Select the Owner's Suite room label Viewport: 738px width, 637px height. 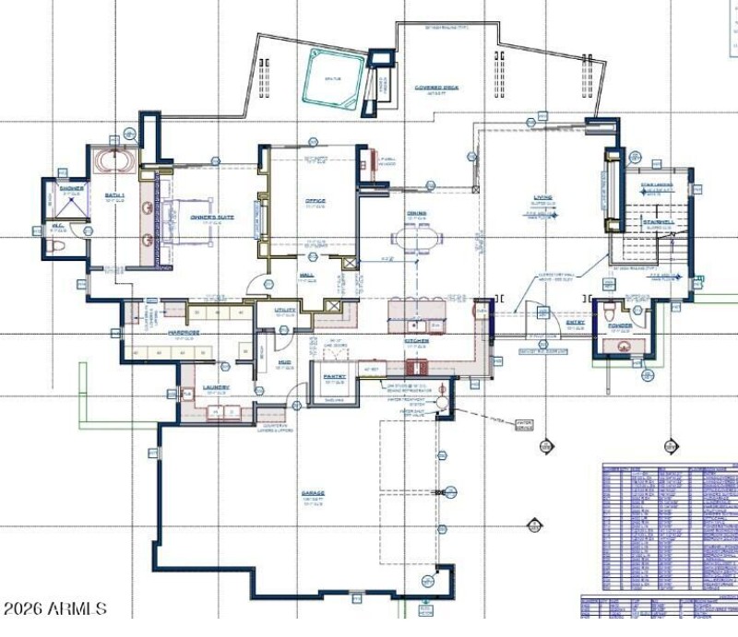[x=212, y=218]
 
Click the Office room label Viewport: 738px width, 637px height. [x=316, y=200]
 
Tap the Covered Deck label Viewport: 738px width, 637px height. [x=436, y=88]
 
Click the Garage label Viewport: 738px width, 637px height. [x=313, y=493]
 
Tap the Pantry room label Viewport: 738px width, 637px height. [x=333, y=376]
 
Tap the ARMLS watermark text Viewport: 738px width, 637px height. [x=54, y=609]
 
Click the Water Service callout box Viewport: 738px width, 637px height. [x=524, y=425]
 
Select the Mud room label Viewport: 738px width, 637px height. [x=285, y=362]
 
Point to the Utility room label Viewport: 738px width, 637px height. [x=284, y=310]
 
